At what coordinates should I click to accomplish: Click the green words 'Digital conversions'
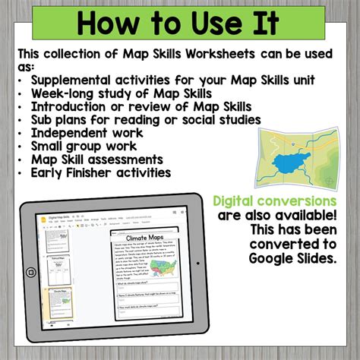coord(275,201)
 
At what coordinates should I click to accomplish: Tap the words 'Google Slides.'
coord(291,258)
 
